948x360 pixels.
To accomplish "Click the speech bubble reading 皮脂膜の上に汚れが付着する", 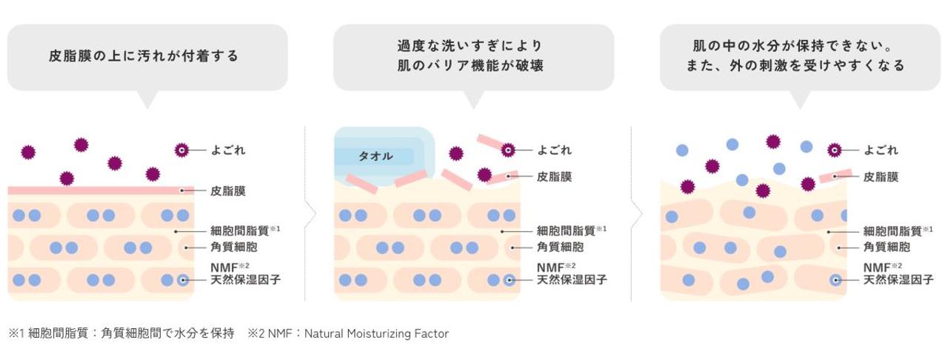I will pos(147,56).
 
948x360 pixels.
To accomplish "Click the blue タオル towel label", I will pos(376,156).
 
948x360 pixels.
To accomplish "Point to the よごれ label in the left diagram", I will pos(227,150).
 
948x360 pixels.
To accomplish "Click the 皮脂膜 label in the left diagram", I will pos(227,191).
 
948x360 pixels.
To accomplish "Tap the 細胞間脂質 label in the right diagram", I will pos(892,231).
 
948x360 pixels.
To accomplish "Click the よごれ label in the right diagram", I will pos(881,150).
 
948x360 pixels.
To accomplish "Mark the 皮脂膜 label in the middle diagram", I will pos(554,177).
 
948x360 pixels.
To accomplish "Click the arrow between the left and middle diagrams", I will pos(311,215).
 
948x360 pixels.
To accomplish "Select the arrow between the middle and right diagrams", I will pos(637,215).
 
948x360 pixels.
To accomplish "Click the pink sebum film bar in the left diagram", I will pos(96,190).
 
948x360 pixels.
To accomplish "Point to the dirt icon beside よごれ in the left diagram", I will pos(181,150).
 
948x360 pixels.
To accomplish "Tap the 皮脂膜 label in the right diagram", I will pos(881,177).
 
